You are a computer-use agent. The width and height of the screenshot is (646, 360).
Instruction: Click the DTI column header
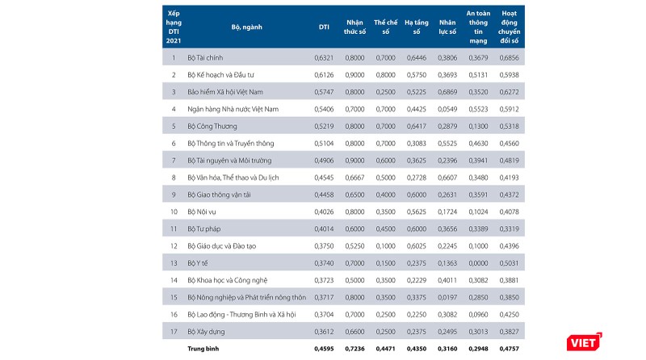click(x=323, y=27)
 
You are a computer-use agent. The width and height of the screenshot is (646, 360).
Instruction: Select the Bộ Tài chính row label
click(x=208, y=58)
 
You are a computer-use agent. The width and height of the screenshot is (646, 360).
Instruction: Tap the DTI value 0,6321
click(x=323, y=58)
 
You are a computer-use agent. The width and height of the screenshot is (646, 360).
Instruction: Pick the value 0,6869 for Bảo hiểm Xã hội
click(x=447, y=92)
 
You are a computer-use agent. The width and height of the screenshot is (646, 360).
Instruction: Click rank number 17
click(x=173, y=332)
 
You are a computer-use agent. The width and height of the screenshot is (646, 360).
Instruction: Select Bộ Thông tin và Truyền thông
click(x=230, y=144)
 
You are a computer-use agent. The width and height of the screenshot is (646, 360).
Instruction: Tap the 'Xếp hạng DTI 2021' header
click(x=173, y=27)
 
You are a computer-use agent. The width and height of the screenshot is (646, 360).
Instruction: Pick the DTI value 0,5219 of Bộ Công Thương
click(x=323, y=127)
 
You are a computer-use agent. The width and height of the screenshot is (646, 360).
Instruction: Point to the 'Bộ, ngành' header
click(x=246, y=27)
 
